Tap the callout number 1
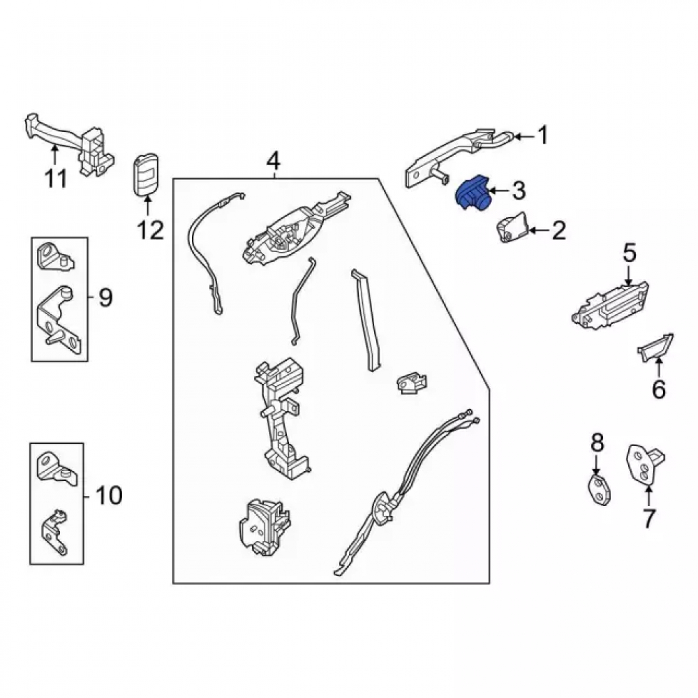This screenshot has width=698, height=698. (x=542, y=135)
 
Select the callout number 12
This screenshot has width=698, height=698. (x=151, y=230)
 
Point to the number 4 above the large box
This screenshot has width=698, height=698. (x=274, y=161)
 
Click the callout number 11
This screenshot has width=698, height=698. (x=56, y=179)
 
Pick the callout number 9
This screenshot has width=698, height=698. (x=106, y=297)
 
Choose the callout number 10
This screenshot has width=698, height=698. (x=109, y=495)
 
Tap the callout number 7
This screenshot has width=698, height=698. (x=648, y=518)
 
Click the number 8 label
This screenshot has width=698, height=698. (x=597, y=443)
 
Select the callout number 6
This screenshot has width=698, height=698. (x=659, y=389)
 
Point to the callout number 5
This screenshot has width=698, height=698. (x=630, y=253)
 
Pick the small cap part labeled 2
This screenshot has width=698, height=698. (x=512, y=228)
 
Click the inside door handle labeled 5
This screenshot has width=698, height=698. (x=610, y=306)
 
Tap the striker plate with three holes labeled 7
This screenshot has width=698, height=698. (x=644, y=464)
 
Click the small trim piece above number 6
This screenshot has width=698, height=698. (x=656, y=347)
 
